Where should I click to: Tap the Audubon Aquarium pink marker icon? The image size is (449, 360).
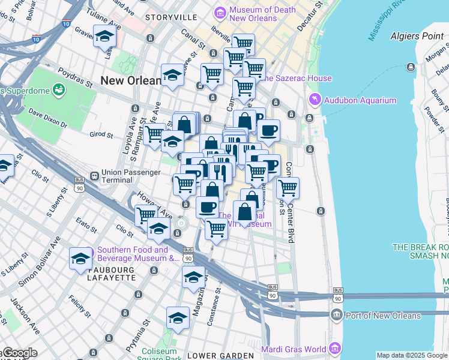coord(313,100)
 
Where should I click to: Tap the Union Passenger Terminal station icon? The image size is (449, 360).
coord(94,176)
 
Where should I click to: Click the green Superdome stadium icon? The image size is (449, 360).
coord(59,90)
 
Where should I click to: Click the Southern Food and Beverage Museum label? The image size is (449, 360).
coord(138,254)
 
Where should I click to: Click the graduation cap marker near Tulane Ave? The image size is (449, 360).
coord(105,38)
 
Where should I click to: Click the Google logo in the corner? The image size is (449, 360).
coord(19,353)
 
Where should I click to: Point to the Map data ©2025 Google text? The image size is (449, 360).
coord(411,355)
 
